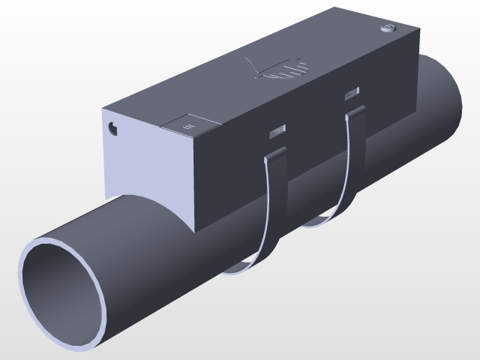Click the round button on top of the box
point(388,29)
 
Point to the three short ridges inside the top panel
point(189,126)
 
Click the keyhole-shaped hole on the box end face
point(113,128)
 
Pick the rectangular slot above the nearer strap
point(278,132)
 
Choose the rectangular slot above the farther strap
point(352,94)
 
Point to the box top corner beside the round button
point(417,31)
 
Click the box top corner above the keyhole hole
point(103,109)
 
